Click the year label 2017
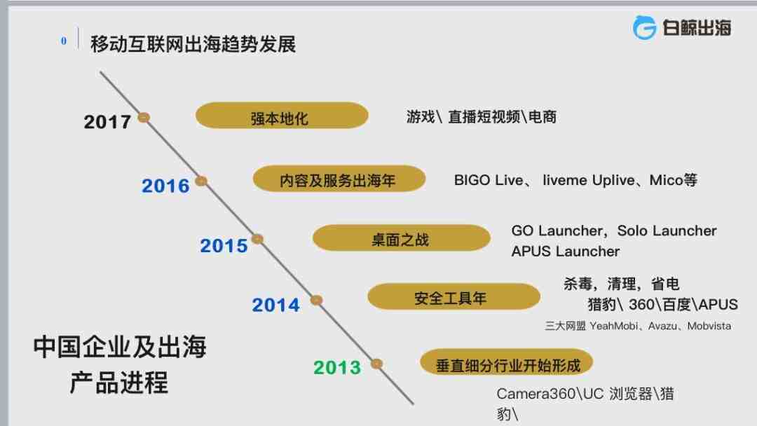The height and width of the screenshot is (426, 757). [107, 122]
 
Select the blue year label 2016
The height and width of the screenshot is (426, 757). [165, 186]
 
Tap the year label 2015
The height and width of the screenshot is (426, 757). [224, 245]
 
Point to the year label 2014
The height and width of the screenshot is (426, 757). [275, 305]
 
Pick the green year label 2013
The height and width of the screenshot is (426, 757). [337, 368]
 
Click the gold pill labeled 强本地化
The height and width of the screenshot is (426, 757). [282, 116]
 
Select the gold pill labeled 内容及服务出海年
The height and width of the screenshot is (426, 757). [339, 179]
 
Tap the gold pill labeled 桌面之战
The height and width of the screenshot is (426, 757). [401, 238]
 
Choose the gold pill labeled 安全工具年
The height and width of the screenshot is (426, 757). [453, 296]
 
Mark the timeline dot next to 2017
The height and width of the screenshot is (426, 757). [144, 117]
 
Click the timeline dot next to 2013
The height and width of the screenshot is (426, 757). [376, 364]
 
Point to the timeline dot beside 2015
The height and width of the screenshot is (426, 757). [257, 239]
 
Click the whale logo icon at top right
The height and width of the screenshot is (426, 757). [645, 27]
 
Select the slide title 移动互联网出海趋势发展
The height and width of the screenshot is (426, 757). [193, 44]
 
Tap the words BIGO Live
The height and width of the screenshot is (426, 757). [489, 180]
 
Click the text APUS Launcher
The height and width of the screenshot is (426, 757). [566, 252]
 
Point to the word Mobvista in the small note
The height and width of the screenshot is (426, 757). [709, 326]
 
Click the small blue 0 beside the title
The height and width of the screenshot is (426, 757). [64, 41]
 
